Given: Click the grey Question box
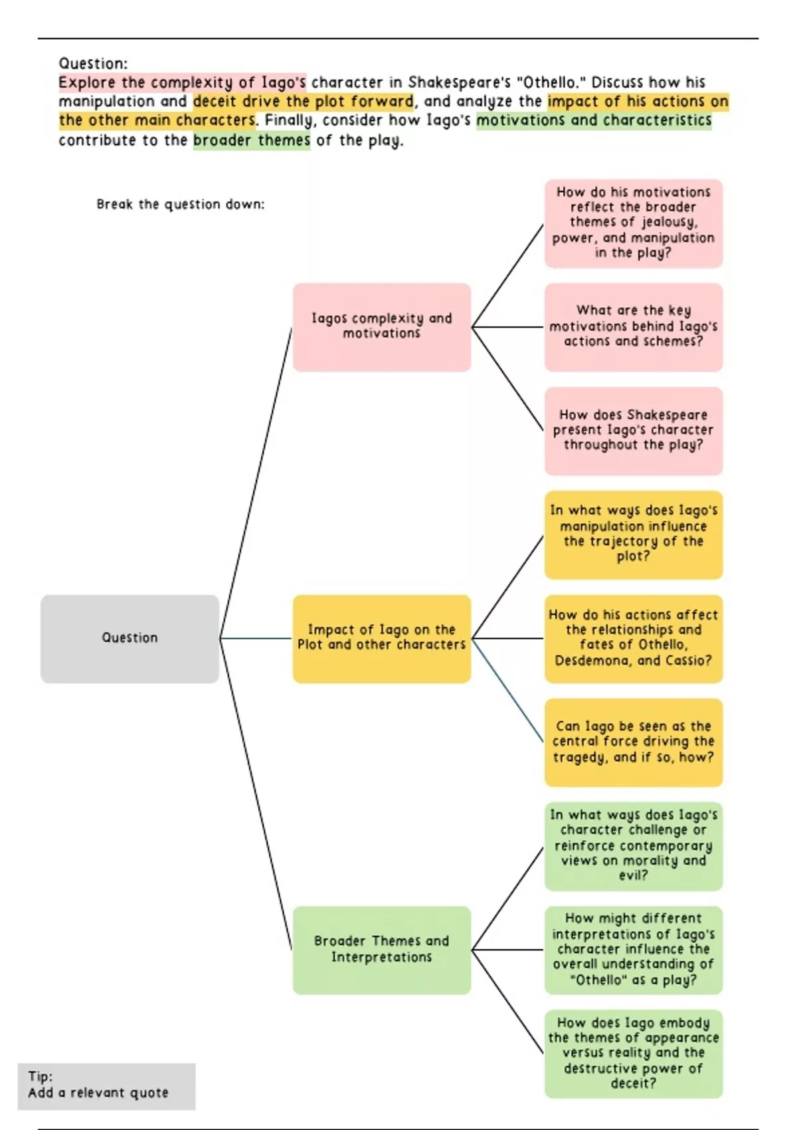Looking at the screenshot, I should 130,639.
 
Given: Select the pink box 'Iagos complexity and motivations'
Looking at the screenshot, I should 382,327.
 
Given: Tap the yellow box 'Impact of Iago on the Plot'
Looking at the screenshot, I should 382,639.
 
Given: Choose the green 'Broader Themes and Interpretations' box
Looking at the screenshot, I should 382,950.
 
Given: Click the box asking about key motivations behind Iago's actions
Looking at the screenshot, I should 634,327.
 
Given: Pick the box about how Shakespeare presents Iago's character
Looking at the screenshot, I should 634,431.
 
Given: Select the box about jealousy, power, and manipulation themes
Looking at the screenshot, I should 634,223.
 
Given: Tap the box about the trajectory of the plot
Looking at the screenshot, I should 634,534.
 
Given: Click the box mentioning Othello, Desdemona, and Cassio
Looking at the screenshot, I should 634,639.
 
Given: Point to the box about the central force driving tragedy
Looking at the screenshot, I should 634,742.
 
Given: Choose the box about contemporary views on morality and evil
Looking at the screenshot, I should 634,846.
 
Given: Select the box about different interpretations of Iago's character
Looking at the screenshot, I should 634,950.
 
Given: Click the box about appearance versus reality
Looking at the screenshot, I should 634,1054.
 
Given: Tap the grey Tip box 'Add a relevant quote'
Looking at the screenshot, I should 106,1086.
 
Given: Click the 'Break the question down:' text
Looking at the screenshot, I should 180,205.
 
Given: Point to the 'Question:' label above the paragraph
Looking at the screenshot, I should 93,64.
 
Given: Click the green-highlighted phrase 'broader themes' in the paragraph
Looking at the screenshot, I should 252,140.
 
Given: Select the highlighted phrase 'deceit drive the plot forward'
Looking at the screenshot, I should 304,102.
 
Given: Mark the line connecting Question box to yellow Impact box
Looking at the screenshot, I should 256,639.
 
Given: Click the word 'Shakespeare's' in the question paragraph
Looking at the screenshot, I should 459,82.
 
